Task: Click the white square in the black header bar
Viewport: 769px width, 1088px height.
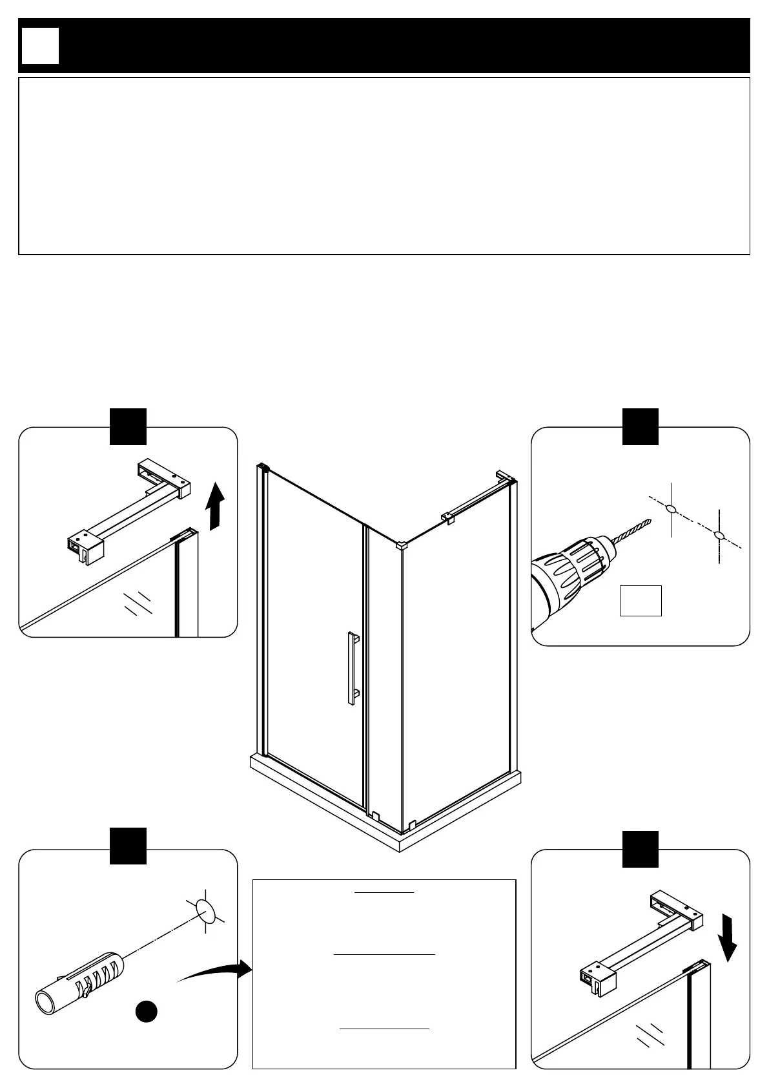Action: click(x=40, y=46)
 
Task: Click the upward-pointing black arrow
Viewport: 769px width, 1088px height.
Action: click(x=216, y=507)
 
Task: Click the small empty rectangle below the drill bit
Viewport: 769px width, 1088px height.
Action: click(x=641, y=601)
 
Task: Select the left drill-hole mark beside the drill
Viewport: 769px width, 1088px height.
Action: click(x=672, y=509)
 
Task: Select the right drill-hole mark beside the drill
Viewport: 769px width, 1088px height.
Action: click(x=719, y=535)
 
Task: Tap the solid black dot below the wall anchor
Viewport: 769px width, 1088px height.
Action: click(x=147, y=1011)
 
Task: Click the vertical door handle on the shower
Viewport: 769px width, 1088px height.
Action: click(x=352, y=669)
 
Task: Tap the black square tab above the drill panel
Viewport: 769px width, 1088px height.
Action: click(x=640, y=426)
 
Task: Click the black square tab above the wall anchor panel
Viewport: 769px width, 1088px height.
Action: click(x=128, y=845)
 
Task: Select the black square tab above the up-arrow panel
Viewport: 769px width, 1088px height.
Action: click(x=128, y=426)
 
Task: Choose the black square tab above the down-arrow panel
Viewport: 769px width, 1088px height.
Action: click(x=640, y=849)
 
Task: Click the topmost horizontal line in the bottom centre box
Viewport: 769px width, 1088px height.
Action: click(x=384, y=892)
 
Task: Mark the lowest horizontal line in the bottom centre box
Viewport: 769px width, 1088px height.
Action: click(x=384, y=1028)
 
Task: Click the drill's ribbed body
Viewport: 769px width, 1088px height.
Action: click(x=575, y=567)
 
